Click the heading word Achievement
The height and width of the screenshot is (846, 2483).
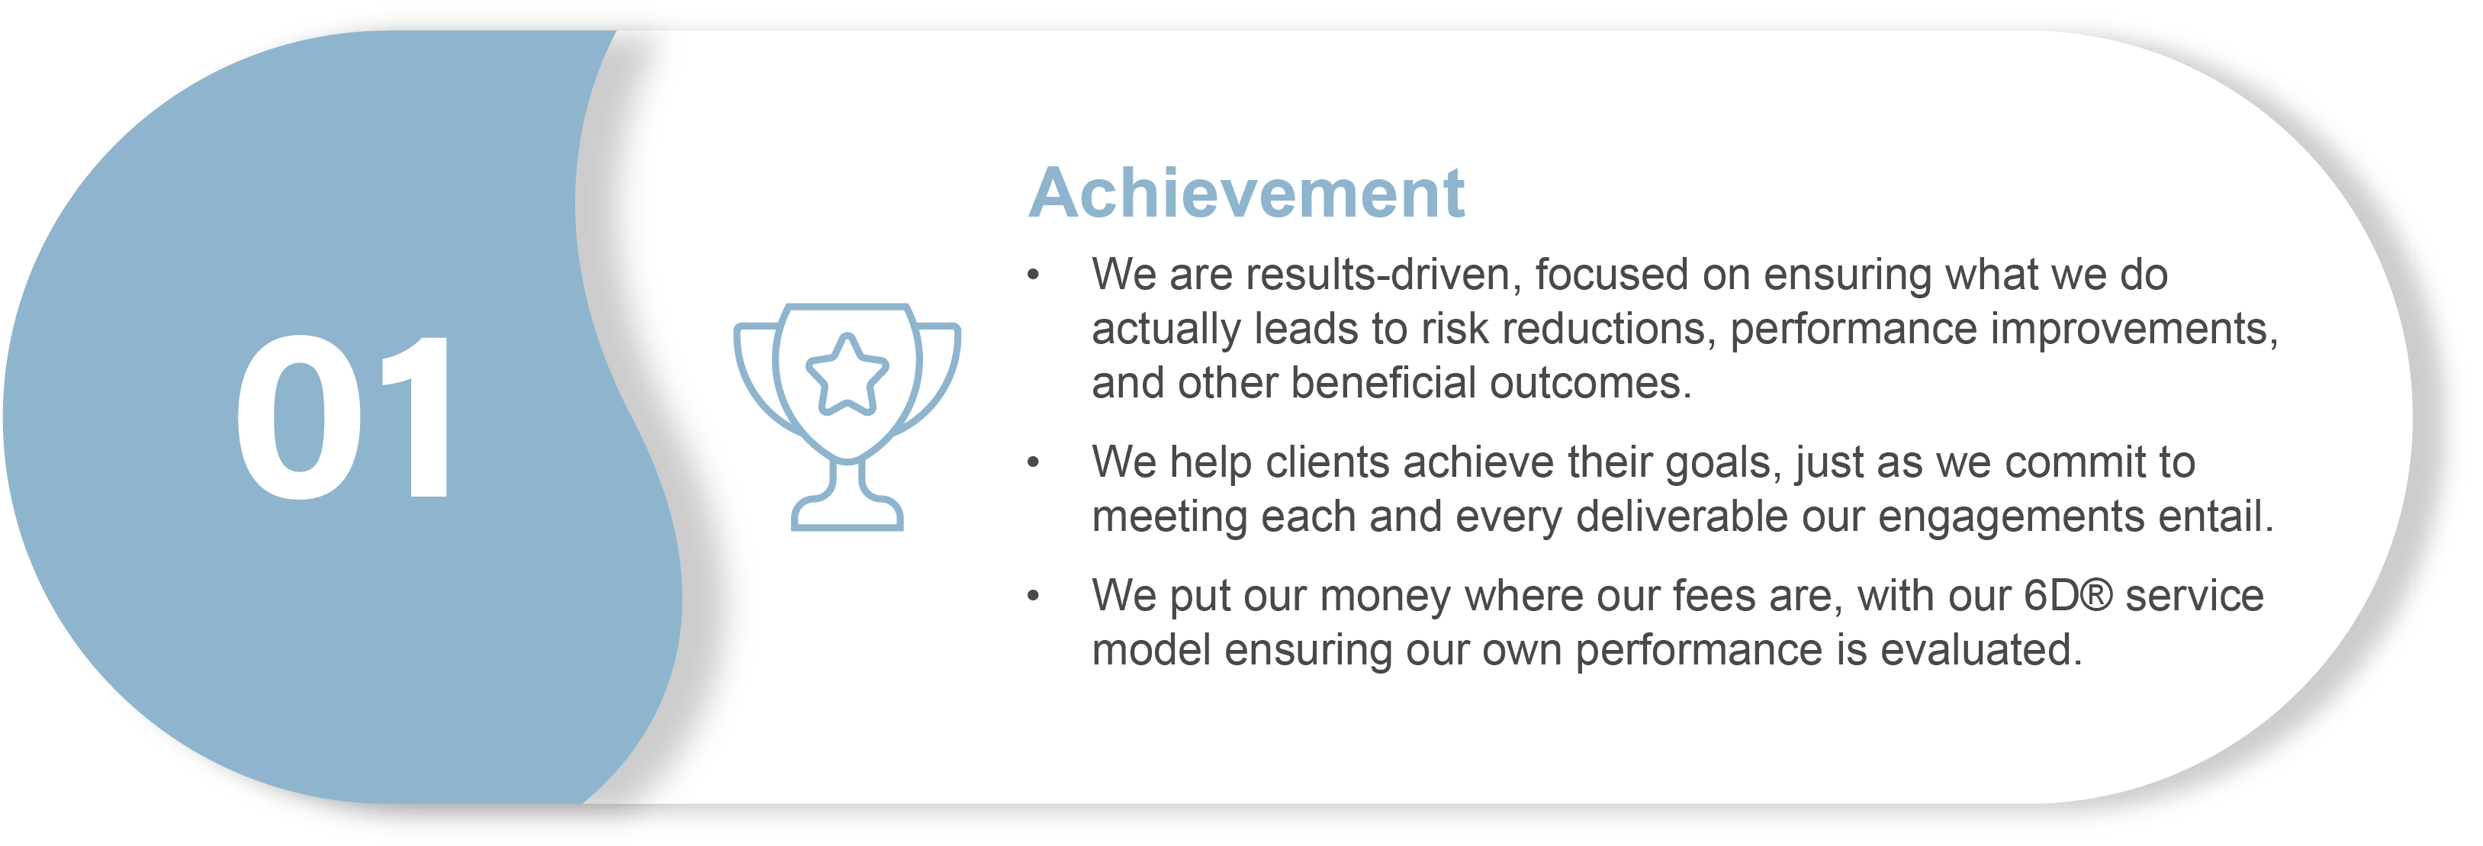pos(1246,194)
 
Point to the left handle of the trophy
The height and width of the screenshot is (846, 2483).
pos(756,376)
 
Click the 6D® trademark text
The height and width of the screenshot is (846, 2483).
pos(2066,597)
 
